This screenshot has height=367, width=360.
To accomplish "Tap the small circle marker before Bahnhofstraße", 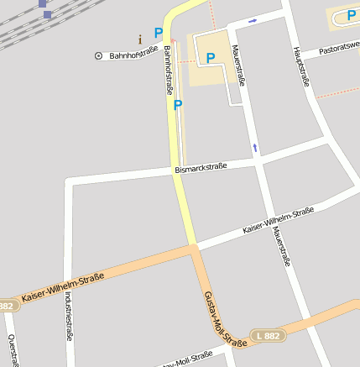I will tap(99, 56).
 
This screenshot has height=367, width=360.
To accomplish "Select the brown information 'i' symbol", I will tap(140, 39).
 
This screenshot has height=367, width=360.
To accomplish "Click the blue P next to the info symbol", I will tap(158, 33).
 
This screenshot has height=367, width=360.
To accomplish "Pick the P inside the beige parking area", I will tap(211, 58).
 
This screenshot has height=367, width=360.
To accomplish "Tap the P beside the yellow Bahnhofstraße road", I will tap(177, 105).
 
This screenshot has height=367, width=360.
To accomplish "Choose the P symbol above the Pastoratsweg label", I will tap(352, 15).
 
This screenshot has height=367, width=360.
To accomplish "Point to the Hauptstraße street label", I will tap(302, 66).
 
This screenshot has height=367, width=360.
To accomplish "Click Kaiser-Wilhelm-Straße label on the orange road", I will tap(63, 289).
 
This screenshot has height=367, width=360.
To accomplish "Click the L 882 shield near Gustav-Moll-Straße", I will tap(269, 335).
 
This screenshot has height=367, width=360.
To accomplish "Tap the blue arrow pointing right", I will tap(253, 20).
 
